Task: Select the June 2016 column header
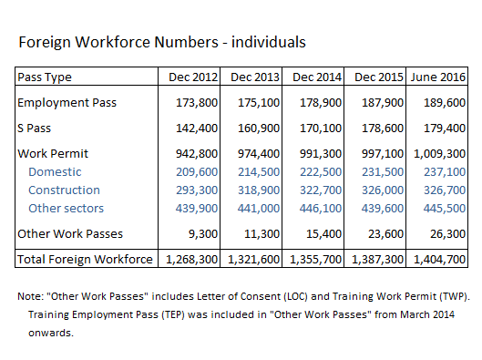[x=437, y=77]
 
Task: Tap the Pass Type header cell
[x=45, y=77]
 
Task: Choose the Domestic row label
[x=55, y=171]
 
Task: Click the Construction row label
[x=64, y=190]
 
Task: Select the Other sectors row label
[x=66, y=208]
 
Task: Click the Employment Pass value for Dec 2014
[x=316, y=103]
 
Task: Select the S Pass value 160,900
[x=254, y=129]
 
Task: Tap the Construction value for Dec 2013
[x=254, y=190]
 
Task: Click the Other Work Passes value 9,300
[x=201, y=234]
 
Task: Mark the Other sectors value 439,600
[x=379, y=208]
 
